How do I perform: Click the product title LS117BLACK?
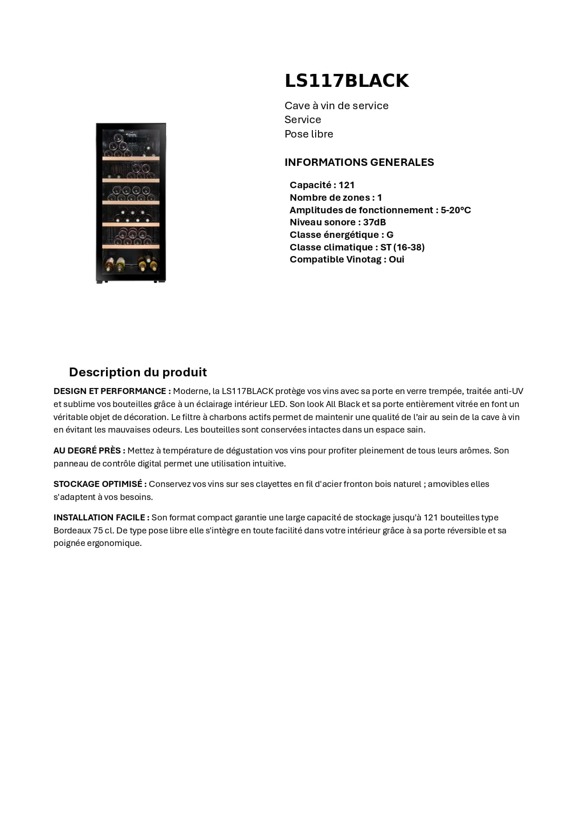pos(346,81)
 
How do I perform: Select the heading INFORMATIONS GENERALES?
pos(359,162)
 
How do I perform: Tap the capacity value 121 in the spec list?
pos(346,185)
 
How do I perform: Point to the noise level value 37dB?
pos(374,222)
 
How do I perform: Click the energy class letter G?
pos(390,235)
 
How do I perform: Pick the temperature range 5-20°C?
pos(456,210)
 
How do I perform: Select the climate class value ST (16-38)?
pos(402,247)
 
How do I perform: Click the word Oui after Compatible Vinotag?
pos(397,259)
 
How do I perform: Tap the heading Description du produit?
pos(138,372)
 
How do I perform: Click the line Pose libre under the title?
pos(309,134)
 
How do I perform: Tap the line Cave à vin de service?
pos(336,105)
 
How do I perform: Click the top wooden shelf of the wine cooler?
pos(131,158)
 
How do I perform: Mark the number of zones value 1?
pos(379,197)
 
